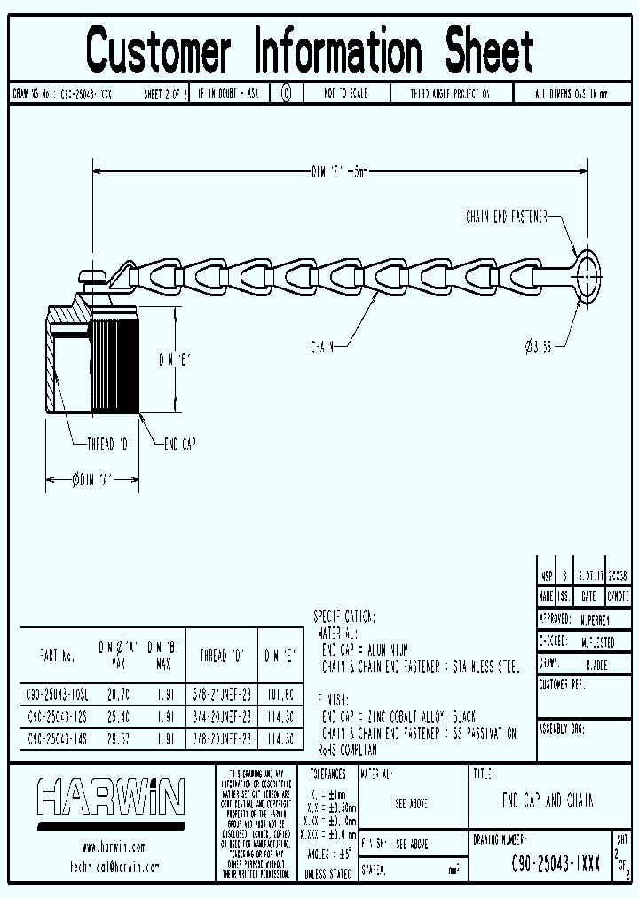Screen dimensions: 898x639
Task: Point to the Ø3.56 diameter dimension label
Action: [537, 347]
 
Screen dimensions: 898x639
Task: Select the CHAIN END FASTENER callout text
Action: [506, 216]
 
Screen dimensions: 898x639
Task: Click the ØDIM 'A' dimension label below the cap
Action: [93, 480]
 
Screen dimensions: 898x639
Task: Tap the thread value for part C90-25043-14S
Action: [221, 737]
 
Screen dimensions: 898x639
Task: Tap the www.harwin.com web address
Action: [112, 847]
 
